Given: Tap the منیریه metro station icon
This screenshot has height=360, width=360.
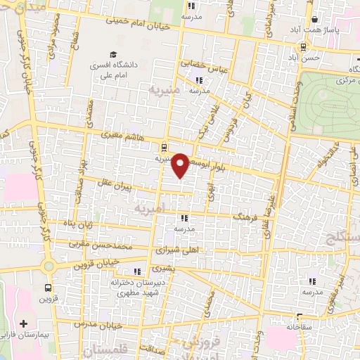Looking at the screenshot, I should (x=163, y=148).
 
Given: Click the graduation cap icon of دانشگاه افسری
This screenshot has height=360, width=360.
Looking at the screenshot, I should (x=112, y=55).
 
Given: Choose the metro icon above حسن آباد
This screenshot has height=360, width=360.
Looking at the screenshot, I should (x=302, y=47).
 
